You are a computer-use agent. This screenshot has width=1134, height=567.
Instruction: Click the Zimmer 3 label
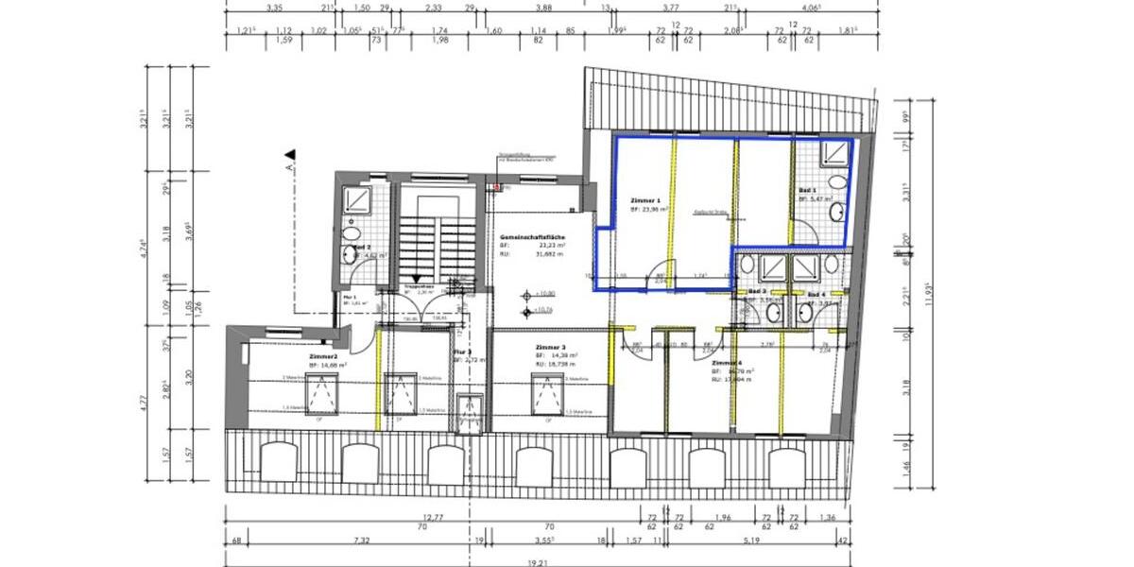(550, 347)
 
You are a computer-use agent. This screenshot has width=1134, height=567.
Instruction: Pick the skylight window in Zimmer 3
(549, 390)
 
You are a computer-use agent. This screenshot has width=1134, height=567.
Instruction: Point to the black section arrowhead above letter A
(291, 154)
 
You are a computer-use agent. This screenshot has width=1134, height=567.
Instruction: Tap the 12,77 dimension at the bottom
(434, 517)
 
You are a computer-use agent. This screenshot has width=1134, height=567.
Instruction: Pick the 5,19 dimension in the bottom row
(752, 541)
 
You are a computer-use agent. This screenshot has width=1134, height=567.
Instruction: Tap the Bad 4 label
(816, 295)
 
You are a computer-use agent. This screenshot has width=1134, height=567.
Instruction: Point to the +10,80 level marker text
(544, 295)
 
